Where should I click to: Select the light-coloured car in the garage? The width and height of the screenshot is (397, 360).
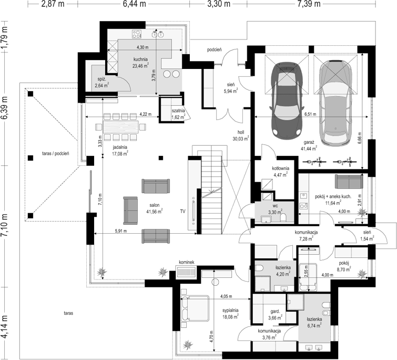click(x=335, y=103)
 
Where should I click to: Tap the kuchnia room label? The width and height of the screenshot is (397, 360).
click(x=140, y=59)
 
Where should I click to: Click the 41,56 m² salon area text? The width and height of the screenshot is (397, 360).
click(x=155, y=211)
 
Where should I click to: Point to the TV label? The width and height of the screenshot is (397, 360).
click(x=183, y=211)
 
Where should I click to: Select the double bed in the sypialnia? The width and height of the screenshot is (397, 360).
click(x=195, y=307)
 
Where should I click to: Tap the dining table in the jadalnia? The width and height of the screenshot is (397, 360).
click(x=121, y=127)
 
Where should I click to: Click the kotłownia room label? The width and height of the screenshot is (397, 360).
click(x=281, y=168)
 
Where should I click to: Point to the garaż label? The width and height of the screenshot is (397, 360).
click(x=309, y=143)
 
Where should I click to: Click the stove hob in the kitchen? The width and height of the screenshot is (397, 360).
click(x=137, y=34)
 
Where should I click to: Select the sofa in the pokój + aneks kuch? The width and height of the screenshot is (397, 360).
click(x=349, y=182)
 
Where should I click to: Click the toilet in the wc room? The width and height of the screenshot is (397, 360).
click(x=283, y=217)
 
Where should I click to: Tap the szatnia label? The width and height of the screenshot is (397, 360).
click(x=178, y=111)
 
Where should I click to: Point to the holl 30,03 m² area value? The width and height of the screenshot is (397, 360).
click(x=241, y=138)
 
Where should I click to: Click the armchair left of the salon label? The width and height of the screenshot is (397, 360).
click(x=130, y=211)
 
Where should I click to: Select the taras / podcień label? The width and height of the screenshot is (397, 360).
click(x=56, y=154)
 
